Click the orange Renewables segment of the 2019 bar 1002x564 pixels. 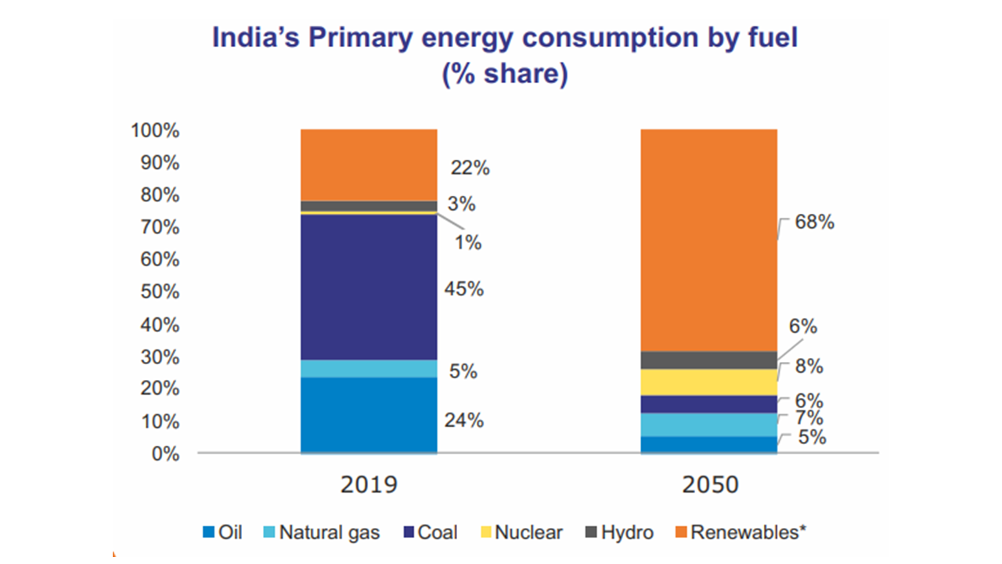[369, 164]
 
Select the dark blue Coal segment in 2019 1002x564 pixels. [369, 287]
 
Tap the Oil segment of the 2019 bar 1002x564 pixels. [369, 414]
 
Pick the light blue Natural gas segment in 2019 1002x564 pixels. [369, 368]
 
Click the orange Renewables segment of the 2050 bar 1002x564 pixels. [709, 240]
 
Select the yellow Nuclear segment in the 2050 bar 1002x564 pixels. [709, 382]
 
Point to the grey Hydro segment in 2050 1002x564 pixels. [709, 360]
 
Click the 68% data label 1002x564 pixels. [815, 222]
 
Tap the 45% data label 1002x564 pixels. [464, 289]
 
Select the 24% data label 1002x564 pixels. [464, 421]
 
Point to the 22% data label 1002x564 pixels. [470, 168]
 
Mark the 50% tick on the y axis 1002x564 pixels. [160, 292]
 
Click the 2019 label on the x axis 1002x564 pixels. [369, 484]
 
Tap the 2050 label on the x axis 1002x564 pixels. [709, 484]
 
